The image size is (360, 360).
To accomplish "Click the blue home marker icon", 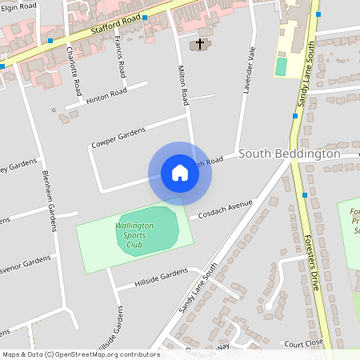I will pos(180,173).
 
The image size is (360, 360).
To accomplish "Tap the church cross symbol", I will pos(199,43).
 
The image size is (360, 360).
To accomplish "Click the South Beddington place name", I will pos(290,154).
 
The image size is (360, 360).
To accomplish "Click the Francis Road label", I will pos(120,56).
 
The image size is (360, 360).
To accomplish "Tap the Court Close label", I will pos(303,342).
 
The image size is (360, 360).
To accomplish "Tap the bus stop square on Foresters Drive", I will pos(305,194).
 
